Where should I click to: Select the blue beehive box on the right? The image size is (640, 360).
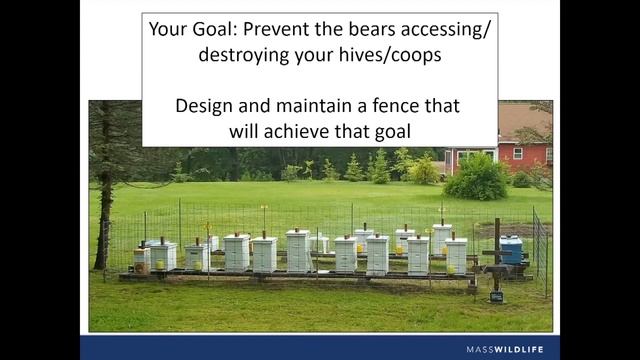[511, 250]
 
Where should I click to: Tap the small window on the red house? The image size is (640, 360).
[517, 153]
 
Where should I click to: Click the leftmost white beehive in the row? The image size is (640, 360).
[162, 256]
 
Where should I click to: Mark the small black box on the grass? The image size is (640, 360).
[495, 296]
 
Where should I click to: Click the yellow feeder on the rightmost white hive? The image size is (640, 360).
[451, 268]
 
